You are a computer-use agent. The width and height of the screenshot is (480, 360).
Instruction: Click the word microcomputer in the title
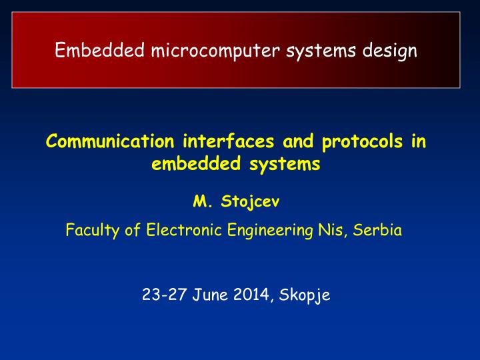pyautogui.click(x=215, y=51)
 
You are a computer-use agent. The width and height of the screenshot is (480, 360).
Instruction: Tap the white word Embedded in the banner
pyautogui.click(x=99, y=49)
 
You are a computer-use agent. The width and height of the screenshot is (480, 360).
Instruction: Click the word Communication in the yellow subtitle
pyautogui.click(x=110, y=141)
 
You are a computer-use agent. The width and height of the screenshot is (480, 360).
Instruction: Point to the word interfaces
pyautogui.click(x=229, y=141)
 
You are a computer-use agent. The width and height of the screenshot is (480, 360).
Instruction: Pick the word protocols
pyautogui.click(x=363, y=142)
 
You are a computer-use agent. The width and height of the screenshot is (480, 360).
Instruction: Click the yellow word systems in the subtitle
pyautogui.click(x=285, y=165)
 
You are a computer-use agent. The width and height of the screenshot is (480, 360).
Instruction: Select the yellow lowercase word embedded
pyautogui.click(x=196, y=163)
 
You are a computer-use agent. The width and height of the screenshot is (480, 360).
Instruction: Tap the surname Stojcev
pyautogui.click(x=250, y=202)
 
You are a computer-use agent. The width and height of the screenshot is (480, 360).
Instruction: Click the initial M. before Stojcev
pyautogui.click(x=203, y=201)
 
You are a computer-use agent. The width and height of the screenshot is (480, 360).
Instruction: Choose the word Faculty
pyautogui.click(x=93, y=230)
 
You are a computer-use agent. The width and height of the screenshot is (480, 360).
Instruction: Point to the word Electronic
pyautogui.click(x=184, y=229)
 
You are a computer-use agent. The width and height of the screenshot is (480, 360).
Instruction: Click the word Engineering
pyautogui.click(x=270, y=231)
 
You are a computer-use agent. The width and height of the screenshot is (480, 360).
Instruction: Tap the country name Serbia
pyautogui.click(x=377, y=230)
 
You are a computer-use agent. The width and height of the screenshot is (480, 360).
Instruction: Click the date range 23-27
pyautogui.click(x=164, y=295)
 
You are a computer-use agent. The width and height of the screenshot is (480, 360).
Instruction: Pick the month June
pyautogui.click(x=210, y=295)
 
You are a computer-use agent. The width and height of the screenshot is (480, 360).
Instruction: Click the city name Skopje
pyautogui.click(x=305, y=295)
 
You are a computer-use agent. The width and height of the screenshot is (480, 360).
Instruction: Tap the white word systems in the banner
pyautogui.click(x=321, y=51)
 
